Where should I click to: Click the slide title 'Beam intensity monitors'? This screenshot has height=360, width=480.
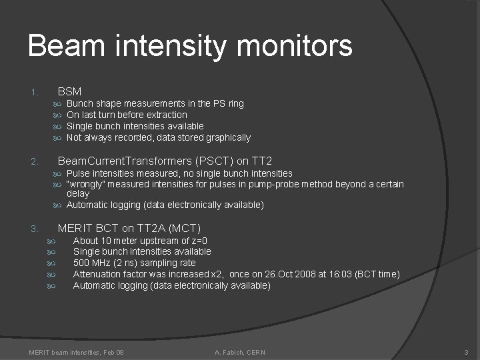coord(190,47)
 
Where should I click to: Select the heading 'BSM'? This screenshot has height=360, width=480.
coord(69,91)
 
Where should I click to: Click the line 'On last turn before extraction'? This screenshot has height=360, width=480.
coord(127,115)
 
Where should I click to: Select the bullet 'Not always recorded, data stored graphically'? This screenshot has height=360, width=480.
coord(159,137)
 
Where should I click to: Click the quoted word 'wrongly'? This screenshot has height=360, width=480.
coord(84,184)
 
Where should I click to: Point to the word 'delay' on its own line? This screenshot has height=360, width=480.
coord(77,193)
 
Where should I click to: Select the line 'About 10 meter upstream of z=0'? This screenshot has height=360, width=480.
coord(140,240)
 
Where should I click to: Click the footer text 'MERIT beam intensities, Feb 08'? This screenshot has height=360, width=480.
coord(76,351)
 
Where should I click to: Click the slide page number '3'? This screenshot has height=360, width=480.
coord(467,351)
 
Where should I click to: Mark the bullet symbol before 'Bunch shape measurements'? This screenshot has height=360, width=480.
coord(57,104)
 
